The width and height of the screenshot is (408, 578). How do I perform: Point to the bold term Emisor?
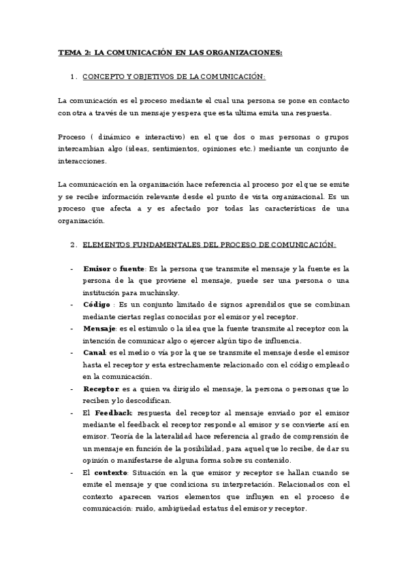(96, 269)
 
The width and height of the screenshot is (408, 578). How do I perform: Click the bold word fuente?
(132, 269)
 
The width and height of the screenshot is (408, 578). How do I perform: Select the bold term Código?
(96, 305)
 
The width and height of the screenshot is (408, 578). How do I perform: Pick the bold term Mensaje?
(99, 329)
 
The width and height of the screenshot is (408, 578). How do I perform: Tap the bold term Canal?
(94, 352)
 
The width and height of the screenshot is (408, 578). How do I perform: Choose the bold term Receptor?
(101, 389)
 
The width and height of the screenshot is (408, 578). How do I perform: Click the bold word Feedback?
(113, 413)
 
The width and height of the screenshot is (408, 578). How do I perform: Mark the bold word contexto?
(110, 473)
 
